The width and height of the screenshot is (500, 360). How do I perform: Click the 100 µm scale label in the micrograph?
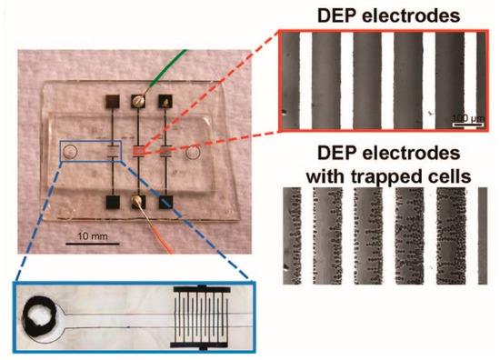click(x=465, y=116)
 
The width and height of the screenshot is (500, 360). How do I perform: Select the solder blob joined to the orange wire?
click(x=139, y=203)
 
